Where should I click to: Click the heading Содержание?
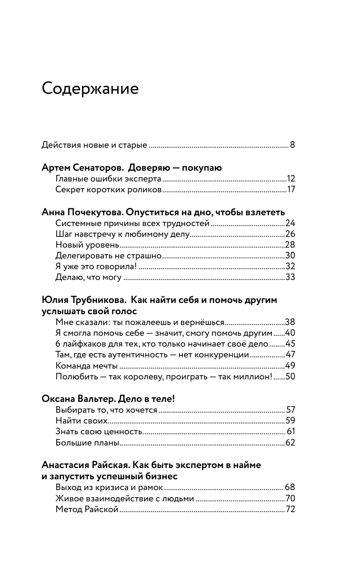(x=90, y=88)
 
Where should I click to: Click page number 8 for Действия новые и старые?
(x=292, y=144)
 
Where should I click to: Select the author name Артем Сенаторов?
(x=83, y=167)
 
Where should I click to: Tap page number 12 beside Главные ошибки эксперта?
(x=291, y=179)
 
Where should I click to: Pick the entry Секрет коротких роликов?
(x=108, y=190)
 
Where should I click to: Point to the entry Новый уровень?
(x=87, y=245)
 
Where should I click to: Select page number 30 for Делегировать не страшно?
(x=290, y=256)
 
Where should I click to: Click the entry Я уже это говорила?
(x=96, y=267)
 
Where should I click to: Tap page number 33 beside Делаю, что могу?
(x=290, y=278)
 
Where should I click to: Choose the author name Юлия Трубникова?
(x=82, y=300)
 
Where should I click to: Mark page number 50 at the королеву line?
(x=290, y=377)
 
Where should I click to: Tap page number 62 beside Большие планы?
(x=290, y=442)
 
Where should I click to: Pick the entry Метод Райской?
(x=87, y=509)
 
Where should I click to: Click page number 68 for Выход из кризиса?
(x=290, y=487)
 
